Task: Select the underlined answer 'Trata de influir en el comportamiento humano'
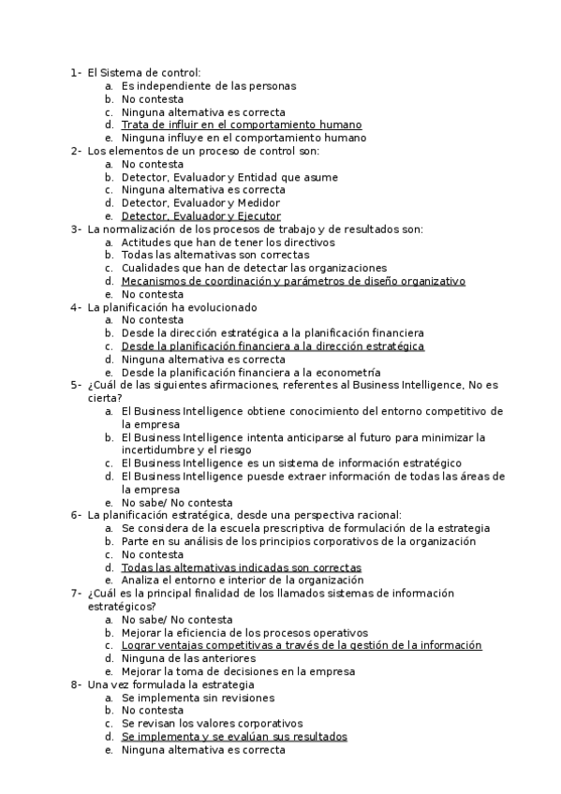[241, 125]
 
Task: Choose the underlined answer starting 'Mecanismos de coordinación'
[292, 281]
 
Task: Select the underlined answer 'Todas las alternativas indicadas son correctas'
[241, 567]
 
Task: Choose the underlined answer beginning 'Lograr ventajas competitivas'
[301, 645]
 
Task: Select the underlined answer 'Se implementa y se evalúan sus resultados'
[233, 737]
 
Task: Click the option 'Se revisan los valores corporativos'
[212, 724]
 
